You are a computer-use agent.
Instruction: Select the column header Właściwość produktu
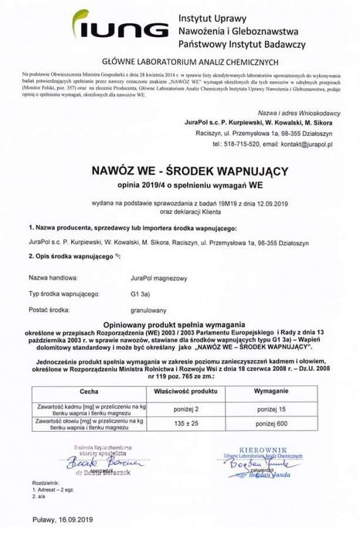pyautogui.click(x=202, y=392)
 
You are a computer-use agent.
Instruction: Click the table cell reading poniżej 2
pyautogui.click(x=202, y=406)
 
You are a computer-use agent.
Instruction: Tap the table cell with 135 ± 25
pyautogui.click(x=202, y=423)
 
